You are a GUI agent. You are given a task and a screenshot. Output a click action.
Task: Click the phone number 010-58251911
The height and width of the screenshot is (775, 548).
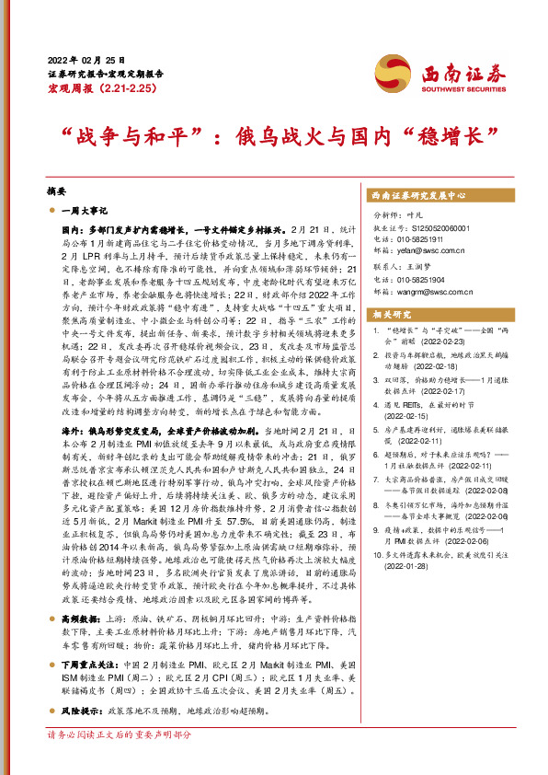coord(419,237)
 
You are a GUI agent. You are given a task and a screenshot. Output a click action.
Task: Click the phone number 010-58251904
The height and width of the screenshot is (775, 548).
coord(419,279)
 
